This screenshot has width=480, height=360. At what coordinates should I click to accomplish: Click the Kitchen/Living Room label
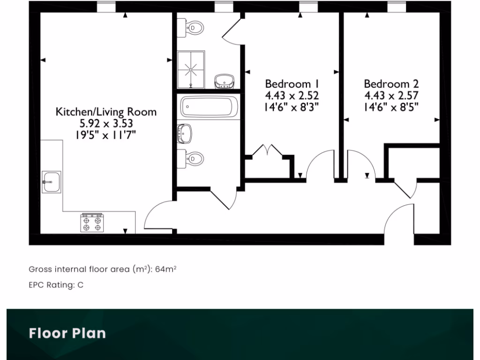pos(106,112)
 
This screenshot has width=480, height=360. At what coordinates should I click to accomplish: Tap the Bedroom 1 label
pos(292,84)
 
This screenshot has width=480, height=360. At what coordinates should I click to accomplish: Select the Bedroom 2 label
pos(391,84)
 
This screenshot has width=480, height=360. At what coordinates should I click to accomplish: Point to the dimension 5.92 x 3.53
pos(106,124)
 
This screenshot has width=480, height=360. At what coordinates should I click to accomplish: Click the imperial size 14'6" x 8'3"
pos(292,106)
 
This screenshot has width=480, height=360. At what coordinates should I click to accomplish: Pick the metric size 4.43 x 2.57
pos(391,95)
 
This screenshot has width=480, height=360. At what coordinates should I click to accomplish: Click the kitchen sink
pos(51,182)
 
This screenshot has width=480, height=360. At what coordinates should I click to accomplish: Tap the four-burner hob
pos(92,222)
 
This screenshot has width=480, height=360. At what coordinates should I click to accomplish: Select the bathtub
pos(209,107)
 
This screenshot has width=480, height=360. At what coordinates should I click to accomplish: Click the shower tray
pos(191,69)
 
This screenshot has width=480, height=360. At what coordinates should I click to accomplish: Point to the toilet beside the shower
pos(195,28)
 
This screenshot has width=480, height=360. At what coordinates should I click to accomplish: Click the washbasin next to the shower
pos(224,81)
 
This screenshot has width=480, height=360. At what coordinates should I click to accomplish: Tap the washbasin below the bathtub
pos(185,133)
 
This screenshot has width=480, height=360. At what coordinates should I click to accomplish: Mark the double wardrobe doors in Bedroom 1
pos(267,151)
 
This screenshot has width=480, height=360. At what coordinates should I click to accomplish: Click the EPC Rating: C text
pos(56,285)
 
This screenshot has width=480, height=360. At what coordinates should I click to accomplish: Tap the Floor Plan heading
pos(67,333)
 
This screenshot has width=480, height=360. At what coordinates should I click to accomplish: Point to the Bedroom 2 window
pos(397,7)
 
